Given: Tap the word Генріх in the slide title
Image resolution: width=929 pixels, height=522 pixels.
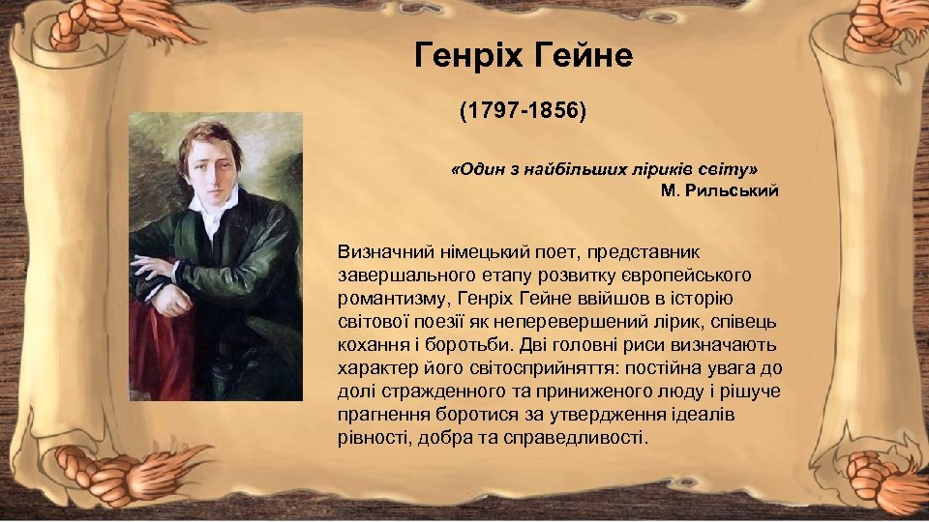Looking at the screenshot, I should [469, 56].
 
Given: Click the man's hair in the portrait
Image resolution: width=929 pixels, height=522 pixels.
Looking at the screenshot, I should [213, 135].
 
